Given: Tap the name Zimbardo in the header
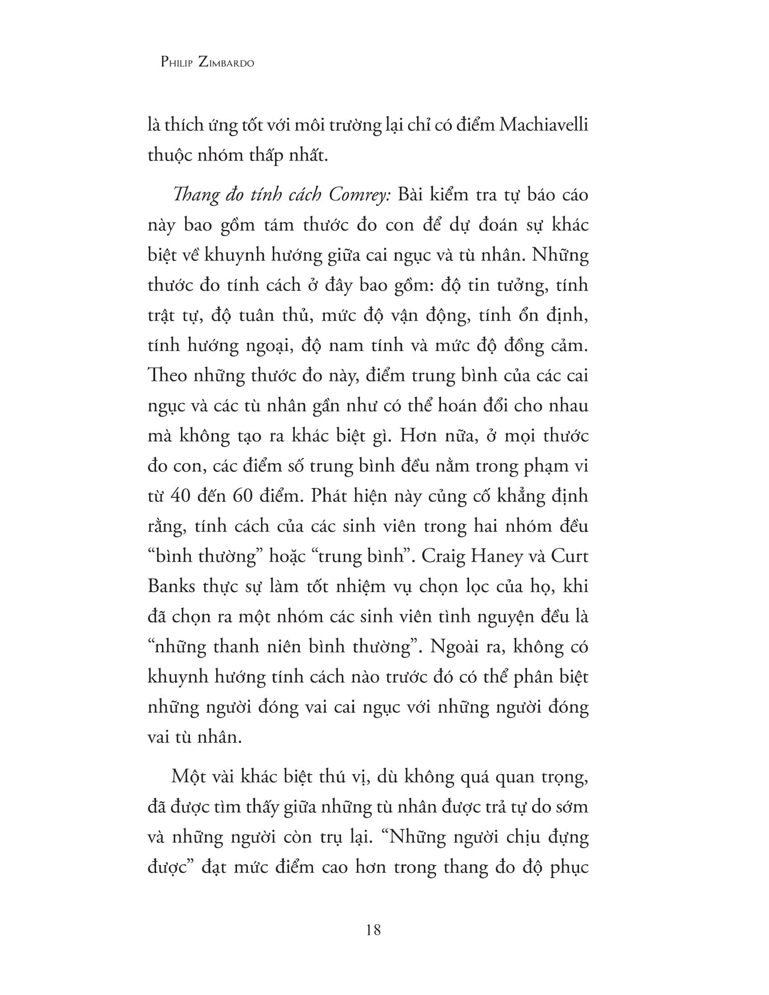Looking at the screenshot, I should (x=226, y=63).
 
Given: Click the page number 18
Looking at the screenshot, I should (x=373, y=930).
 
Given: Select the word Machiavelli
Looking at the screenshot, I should (x=543, y=125).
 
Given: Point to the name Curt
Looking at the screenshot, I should (x=570, y=556).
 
